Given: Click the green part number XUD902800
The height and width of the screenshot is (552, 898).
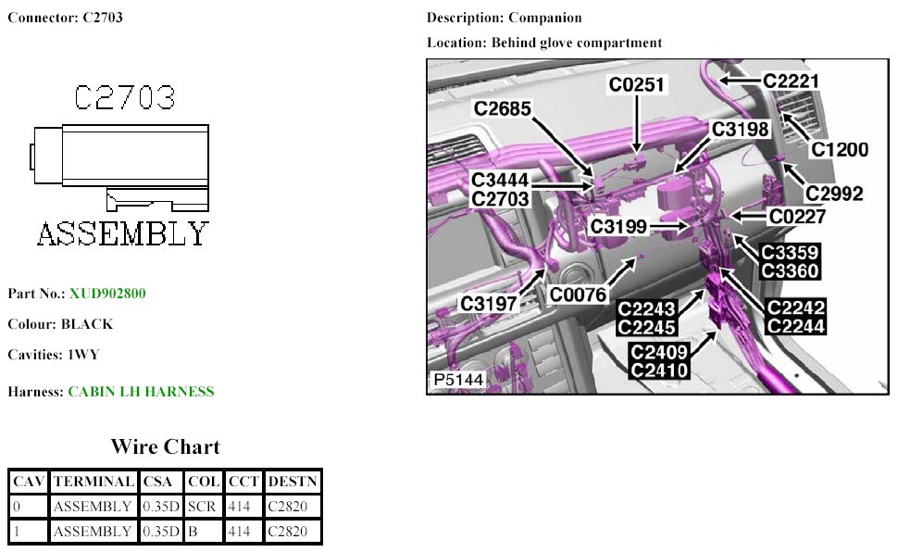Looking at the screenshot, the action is [107, 294].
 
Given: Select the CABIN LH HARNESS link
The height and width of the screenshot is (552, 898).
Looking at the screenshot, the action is [141, 392].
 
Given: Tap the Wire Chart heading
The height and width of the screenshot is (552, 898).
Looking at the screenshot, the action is [166, 446].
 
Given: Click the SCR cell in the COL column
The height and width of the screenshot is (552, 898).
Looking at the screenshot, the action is [202, 506].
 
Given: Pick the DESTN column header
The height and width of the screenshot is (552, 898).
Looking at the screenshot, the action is [293, 482].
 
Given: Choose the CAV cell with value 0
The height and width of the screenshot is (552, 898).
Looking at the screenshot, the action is [17, 506].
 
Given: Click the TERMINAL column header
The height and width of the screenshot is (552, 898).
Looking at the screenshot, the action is [94, 482].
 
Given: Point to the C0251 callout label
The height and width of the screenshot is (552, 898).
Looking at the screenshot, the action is [636, 85].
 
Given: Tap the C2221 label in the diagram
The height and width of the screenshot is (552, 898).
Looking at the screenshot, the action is [791, 81].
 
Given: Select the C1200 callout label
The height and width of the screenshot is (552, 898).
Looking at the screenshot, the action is [840, 150].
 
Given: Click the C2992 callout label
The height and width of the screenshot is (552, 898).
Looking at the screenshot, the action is [834, 194].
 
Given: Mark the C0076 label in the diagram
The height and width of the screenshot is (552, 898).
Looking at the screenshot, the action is [578, 295].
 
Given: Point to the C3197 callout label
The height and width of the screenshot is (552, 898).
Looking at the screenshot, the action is [489, 303].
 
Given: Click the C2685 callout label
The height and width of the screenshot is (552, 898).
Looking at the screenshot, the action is [503, 108].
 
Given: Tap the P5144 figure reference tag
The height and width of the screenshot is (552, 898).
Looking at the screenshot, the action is [458, 380].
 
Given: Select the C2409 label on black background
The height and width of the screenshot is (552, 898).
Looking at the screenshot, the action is [658, 351].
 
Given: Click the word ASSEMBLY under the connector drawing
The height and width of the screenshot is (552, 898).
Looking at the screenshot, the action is [122, 234].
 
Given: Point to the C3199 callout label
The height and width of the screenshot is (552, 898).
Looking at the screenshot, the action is [618, 226].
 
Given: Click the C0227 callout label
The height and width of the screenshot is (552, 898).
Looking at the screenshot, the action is [797, 217].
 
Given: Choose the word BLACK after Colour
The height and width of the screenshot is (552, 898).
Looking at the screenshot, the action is [87, 324].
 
